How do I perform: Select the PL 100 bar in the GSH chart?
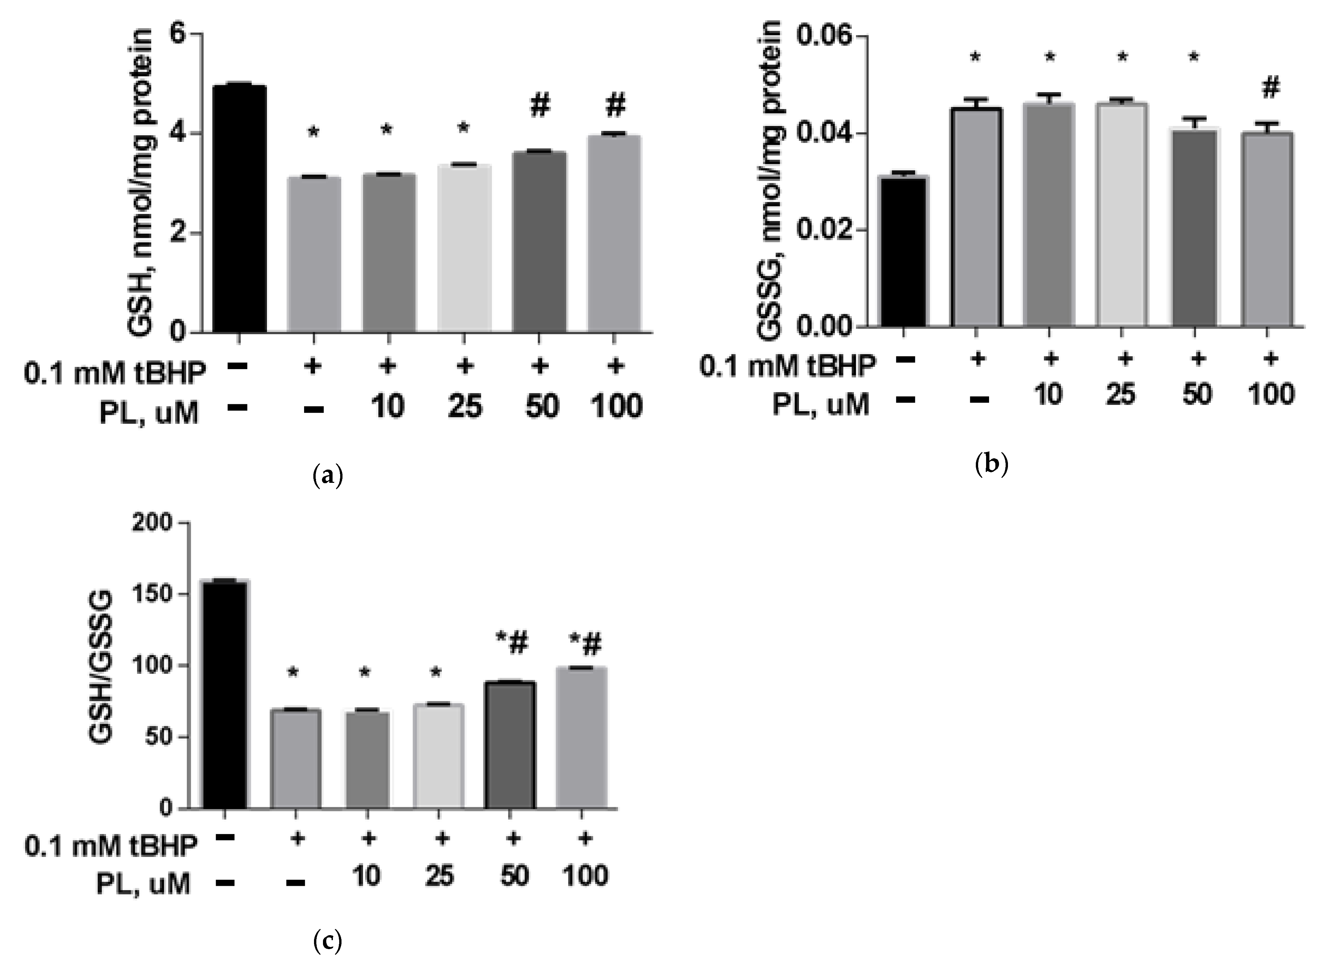(x=614, y=234)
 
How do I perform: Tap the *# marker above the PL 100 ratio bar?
(x=585, y=646)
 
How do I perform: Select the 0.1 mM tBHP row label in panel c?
(x=111, y=846)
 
